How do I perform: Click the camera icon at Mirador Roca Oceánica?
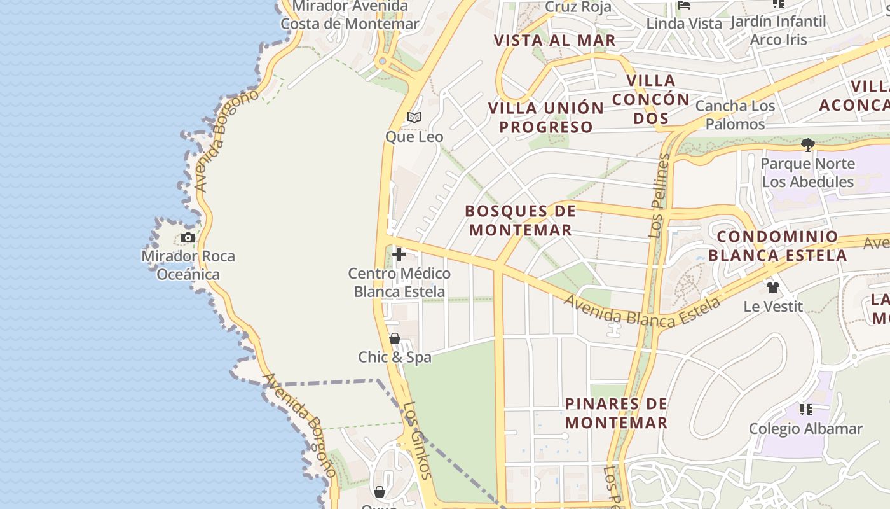(x=188, y=238)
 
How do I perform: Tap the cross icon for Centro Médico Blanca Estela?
(x=399, y=255)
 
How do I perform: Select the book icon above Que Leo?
(x=414, y=118)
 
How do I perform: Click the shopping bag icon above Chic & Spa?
(x=395, y=338)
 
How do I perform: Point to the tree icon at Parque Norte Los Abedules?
(x=808, y=145)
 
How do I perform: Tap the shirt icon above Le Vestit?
(x=773, y=288)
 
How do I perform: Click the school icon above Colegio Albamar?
(x=806, y=409)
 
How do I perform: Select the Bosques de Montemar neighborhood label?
(x=521, y=220)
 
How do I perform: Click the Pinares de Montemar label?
(x=616, y=413)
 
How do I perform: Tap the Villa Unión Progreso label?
(x=545, y=117)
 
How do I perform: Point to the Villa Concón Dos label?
(x=650, y=99)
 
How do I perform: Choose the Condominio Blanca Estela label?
(x=777, y=246)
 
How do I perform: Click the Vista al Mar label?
(x=555, y=40)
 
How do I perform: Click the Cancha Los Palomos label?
(x=735, y=115)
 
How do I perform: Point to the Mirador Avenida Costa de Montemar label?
(x=350, y=15)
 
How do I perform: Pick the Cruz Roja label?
(x=578, y=7)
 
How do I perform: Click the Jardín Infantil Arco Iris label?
(x=778, y=30)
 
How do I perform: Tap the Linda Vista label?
(x=684, y=24)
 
